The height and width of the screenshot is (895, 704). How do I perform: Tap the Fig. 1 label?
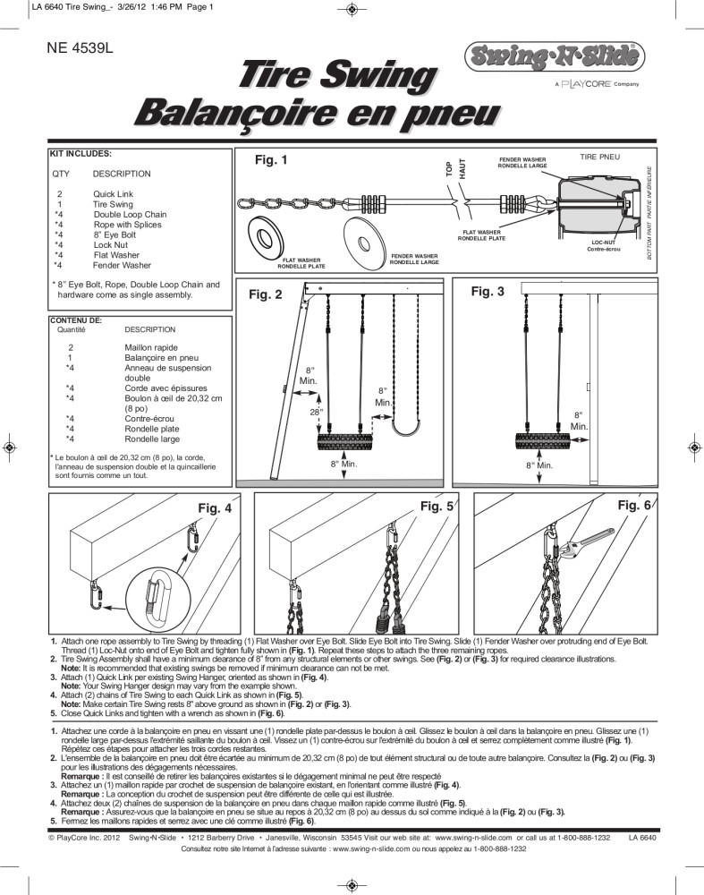(272, 161)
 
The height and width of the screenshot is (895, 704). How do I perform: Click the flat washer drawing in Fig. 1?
(267, 236)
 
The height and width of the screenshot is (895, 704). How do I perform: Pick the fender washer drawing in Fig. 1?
(368, 236)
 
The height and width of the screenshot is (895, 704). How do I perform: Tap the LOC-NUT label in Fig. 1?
(602, 242)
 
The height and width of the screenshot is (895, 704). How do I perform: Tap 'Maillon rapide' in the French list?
(151, 347)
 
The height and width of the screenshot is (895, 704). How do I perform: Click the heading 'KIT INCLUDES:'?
(81, 154)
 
